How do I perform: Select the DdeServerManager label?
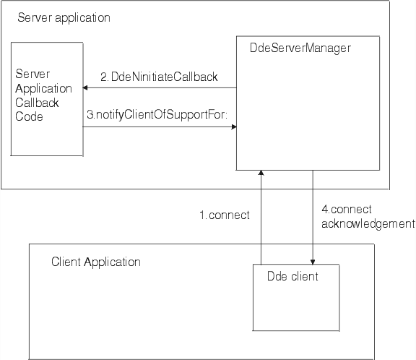[299, 48]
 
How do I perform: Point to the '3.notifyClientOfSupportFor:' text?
[157, 114]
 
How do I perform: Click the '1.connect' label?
[224, 215]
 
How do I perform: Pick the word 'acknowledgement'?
[367, 223]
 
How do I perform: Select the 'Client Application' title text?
[96, 262]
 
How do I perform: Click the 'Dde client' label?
[292, 276]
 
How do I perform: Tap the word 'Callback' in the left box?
[38, 103]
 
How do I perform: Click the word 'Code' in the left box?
[30, 116]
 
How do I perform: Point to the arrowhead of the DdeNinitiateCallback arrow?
[86, 88]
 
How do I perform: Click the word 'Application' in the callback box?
[43, 89]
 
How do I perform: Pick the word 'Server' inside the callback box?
[33, 75]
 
